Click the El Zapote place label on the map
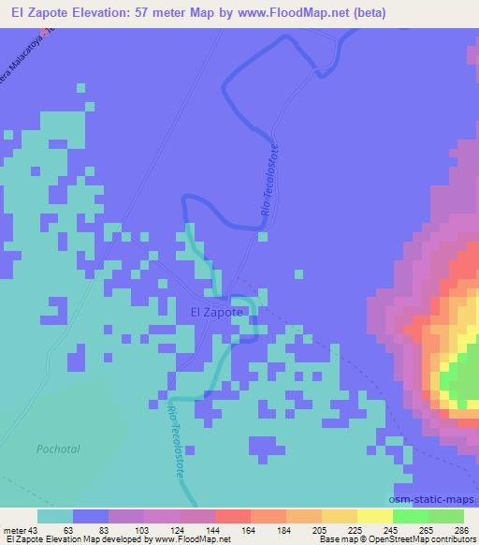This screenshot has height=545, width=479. [x=216, y=312]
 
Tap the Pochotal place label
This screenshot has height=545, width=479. [x=58, y=449]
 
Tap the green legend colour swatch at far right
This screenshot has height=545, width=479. [x=446, y=516]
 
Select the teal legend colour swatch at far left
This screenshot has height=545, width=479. [x=55, y=516]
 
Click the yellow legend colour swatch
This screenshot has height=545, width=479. [x=374, y=516]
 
